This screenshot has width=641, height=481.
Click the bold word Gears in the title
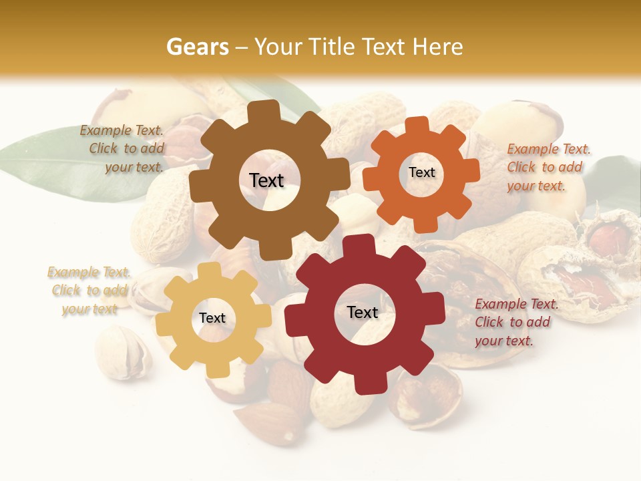[x=197, y=47]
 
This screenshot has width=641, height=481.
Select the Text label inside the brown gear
[x=266, y=180]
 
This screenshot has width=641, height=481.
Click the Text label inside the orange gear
[x=421, y=172]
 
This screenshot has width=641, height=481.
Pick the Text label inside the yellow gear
[x=212, y=318]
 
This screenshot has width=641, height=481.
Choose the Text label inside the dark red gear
[x=363, y=312]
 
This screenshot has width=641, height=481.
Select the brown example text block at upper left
[x=123, y=149]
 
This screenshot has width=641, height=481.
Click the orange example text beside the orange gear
[x=548, y=167]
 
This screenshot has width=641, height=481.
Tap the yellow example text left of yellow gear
[x=89, y=290]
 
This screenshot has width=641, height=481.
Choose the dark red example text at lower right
[x=514, y=322]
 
